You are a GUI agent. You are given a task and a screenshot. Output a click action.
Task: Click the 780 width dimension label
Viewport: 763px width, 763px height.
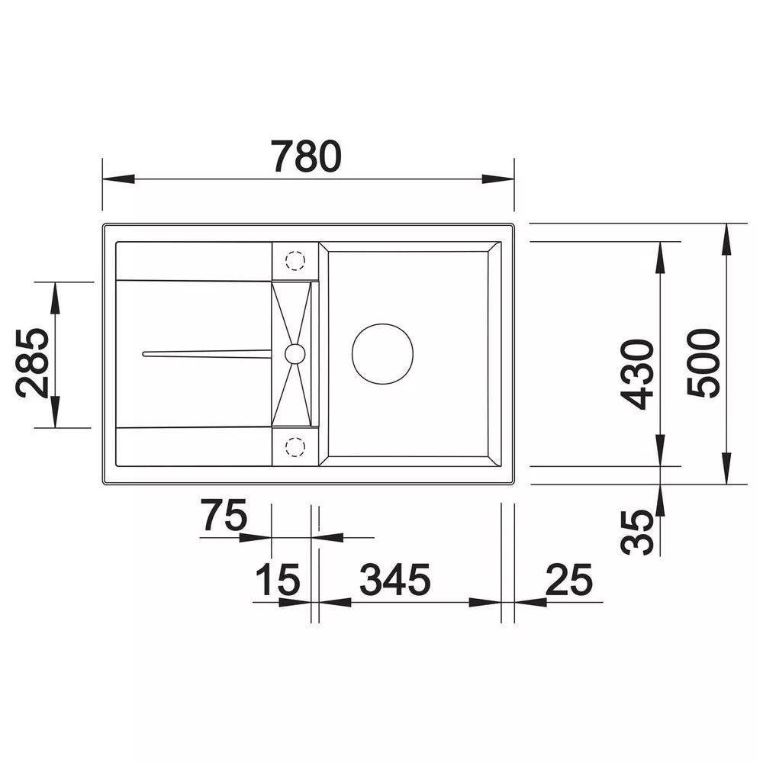tap(307, 156)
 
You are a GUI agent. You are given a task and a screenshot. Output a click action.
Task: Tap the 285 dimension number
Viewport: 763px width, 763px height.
tap(32, 363)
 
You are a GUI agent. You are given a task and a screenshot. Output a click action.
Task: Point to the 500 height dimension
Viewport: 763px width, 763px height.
tap(703, 363)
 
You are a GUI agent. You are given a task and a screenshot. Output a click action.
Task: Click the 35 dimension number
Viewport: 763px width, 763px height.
tap(637, 532)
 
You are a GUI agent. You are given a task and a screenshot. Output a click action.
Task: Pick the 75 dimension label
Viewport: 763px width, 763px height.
tap(225, 515)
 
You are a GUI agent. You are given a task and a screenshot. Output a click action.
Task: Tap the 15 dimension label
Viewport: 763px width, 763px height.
tap(278, 579)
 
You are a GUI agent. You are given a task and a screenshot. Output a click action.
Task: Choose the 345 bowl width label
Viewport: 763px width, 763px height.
tap(395, 579)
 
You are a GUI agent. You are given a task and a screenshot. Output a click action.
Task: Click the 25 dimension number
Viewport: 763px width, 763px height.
tap(569, 579)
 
